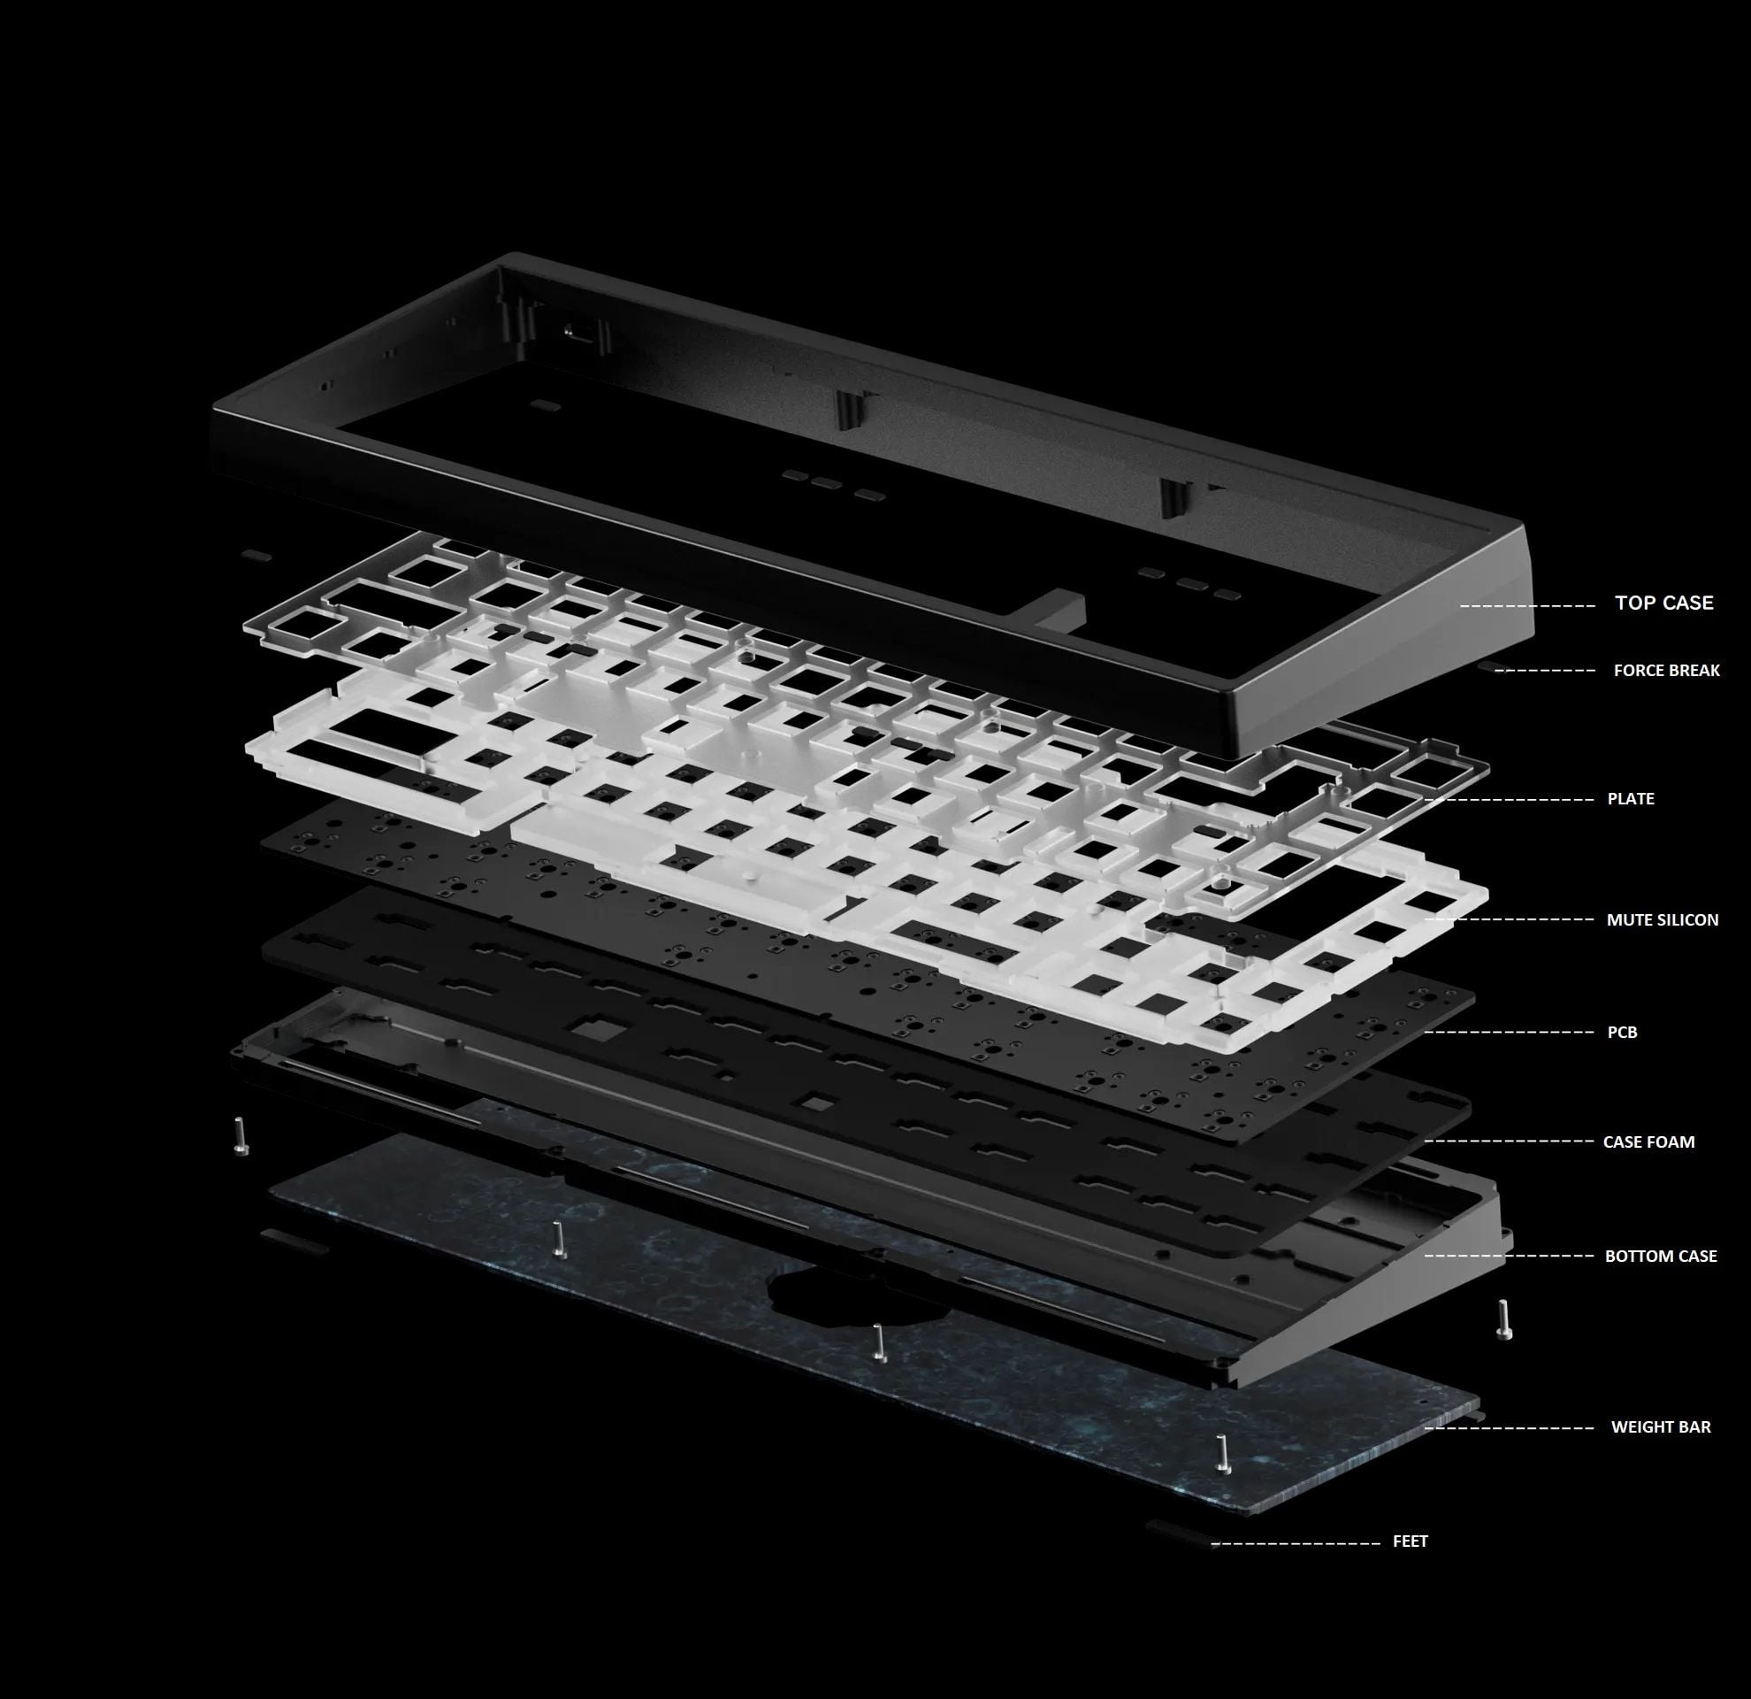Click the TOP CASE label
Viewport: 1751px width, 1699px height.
pos(1663,603)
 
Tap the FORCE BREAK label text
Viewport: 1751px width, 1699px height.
pos(1666,670)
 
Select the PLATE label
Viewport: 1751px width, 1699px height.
pos(1631,799)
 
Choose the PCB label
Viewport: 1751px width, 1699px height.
pos(1623,1033)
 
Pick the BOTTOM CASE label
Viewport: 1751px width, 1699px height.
pos(1661,1256)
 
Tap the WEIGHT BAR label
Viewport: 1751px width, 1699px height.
pos(1661,1427)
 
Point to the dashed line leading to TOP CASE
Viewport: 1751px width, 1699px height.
pos(1527,606)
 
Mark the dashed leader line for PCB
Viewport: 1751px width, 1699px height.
pos(1510,1033)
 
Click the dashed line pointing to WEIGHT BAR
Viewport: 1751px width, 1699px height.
pos(1510,1428)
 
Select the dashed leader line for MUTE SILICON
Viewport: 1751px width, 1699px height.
pos(1510,919)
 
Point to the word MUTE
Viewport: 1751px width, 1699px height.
pos(1625,919)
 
